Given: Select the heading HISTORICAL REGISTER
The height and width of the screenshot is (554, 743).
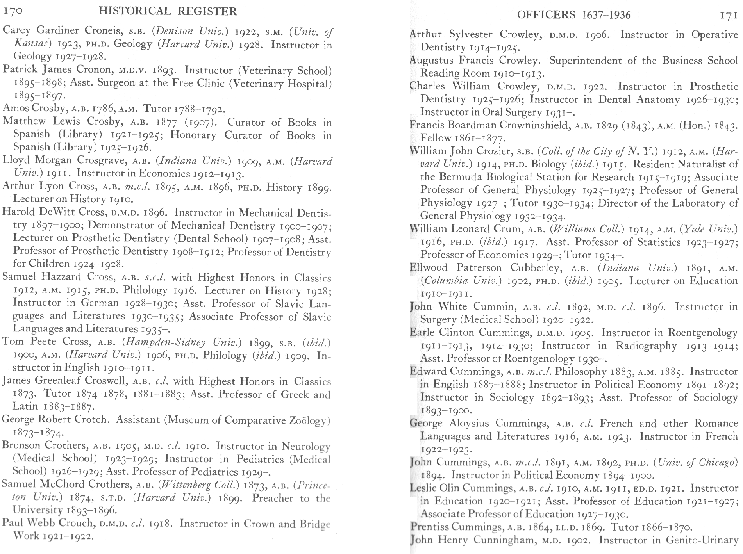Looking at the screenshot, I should click(x=168, y=11).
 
